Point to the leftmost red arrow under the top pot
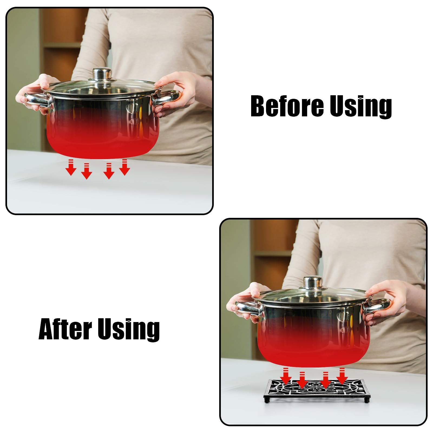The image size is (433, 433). pos(71,168)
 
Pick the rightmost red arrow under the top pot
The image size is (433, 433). pos(124,167)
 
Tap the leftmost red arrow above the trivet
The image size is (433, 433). pos(286,376)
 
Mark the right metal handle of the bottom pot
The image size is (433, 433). pos(376,307)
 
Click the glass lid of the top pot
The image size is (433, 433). pos(102,87)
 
